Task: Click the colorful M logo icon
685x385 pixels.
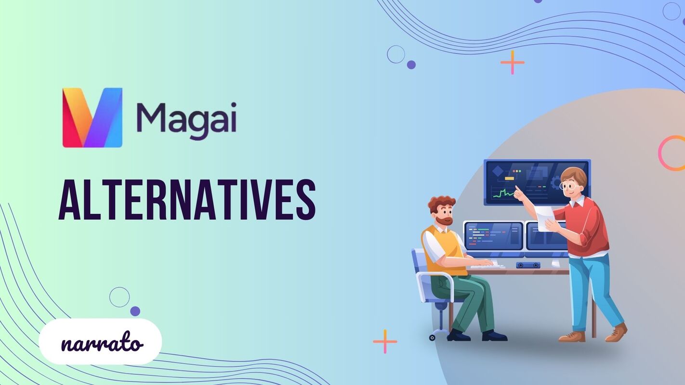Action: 92,117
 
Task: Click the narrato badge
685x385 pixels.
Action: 100,342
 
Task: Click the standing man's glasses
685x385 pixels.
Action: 569,186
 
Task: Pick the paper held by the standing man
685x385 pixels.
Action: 544,218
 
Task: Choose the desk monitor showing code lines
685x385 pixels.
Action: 493,236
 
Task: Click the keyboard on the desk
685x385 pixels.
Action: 487,266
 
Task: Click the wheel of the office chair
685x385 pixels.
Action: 432,338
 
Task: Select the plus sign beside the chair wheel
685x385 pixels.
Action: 385,341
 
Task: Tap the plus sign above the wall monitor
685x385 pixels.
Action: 512,62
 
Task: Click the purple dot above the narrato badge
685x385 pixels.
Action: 135,311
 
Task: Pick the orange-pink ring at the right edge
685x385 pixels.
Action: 673,153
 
